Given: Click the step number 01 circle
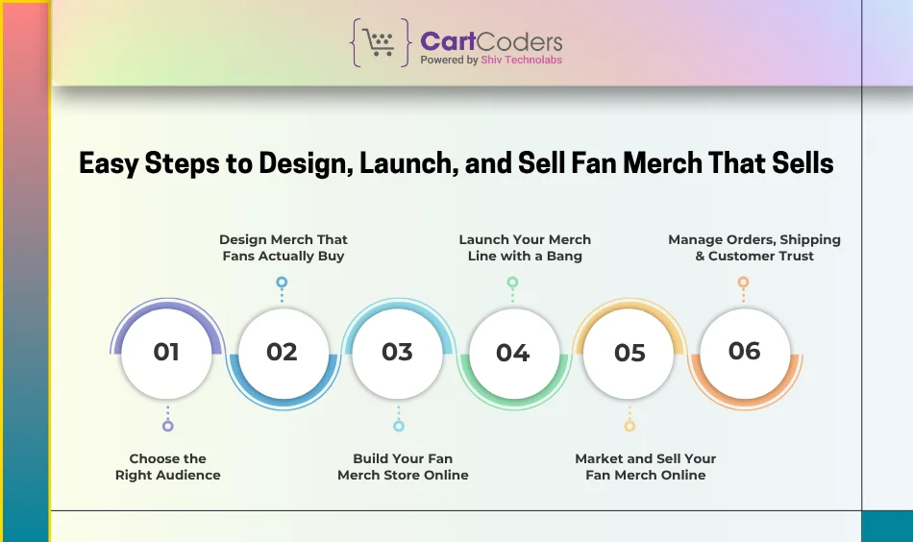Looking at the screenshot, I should pos(166,353).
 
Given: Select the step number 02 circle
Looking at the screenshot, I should pos(282,353).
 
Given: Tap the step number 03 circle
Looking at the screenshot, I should pos(397,353).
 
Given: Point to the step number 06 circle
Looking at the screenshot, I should pos(744,352).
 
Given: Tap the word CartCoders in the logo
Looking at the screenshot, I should pos(491,41).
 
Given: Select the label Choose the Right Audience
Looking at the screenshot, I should pos(168,467).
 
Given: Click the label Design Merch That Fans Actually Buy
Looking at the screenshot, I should pos(284,248).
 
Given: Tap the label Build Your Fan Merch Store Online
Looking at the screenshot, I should pos(403,467).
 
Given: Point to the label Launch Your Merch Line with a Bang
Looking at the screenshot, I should pos(525,248).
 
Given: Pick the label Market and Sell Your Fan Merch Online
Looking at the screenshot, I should pos(646,467).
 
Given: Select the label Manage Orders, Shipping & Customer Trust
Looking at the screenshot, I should pos(754,248).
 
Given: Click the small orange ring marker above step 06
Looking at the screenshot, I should pos(743,283).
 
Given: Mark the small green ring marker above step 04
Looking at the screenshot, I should pos(512,283).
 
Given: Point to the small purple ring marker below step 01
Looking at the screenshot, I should pos(168,426).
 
